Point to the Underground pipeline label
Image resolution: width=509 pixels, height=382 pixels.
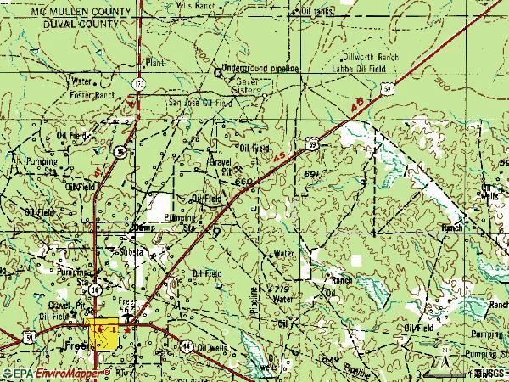click(x=260, y=67)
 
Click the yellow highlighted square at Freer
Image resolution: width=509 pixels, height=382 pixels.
click(x=103, y=333)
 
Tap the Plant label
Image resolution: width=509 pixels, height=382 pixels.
click(x=154, y=63)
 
